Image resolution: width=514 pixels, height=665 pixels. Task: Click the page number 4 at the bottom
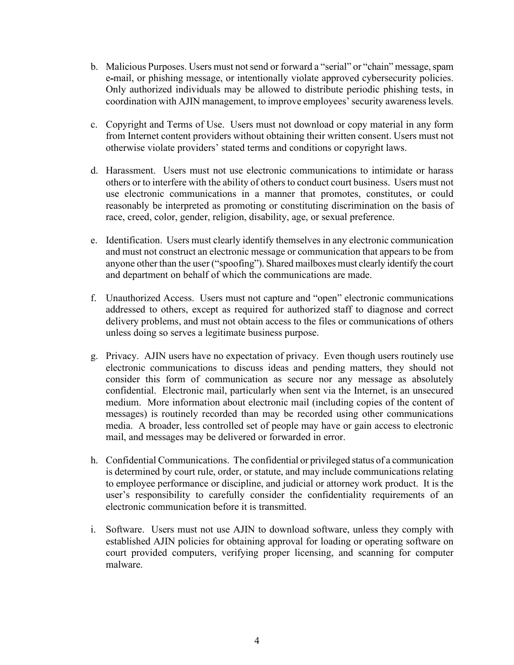(256, 641)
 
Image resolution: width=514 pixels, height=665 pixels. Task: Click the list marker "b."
(94, 67)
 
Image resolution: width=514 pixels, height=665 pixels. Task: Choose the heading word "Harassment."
(130, 171)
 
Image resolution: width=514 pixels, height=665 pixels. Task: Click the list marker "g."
(94, 356)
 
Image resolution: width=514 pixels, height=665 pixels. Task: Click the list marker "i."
(94, 529)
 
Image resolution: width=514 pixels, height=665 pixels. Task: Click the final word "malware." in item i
(124, 565)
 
